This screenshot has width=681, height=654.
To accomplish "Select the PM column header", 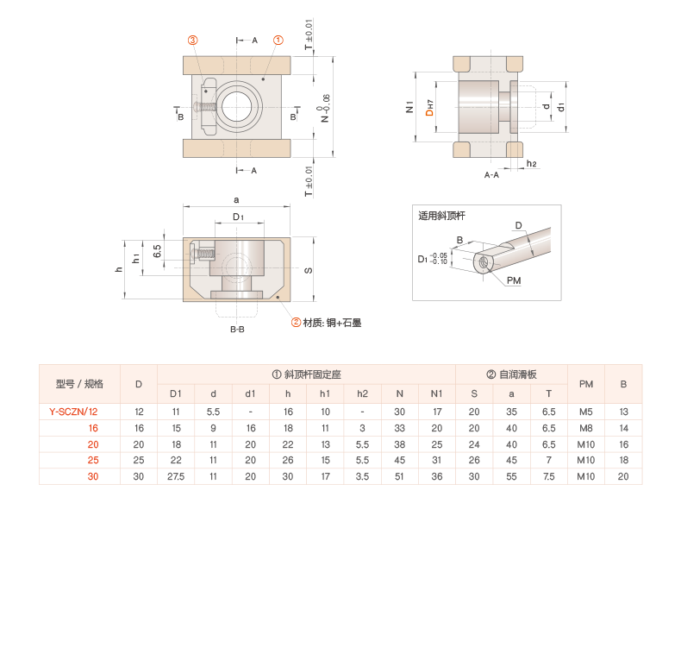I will pos(586,384).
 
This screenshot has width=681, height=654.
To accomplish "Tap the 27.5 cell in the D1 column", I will pos(176,476).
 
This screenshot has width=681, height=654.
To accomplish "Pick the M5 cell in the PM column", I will pos(586,412).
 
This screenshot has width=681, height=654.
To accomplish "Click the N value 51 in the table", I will pos(400,476).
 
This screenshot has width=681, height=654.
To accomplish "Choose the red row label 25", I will pos(93,460).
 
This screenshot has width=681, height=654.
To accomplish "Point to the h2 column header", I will pos(362,393).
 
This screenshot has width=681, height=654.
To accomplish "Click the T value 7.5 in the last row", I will pos(549,476).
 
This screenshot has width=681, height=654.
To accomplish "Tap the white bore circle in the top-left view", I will pos(238,106).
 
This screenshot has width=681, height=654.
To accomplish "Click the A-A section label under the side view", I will pos(491,175).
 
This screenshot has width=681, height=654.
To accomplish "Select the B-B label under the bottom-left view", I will pos(237,329).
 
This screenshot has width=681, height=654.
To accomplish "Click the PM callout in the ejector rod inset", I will pos(514,281).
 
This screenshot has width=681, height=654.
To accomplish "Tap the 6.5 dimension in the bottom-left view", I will pos(157,251).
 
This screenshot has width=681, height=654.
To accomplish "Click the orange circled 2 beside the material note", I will pos(297,322).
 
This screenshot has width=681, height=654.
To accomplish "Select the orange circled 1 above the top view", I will pos(278,40).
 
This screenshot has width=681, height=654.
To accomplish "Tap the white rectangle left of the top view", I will pos(166,130).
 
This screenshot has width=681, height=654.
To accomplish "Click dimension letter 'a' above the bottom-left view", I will pos(236,199).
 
